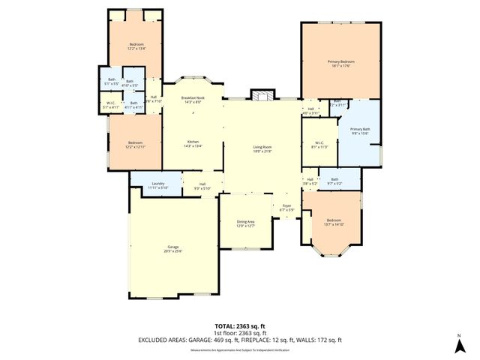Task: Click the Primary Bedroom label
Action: click(x=340, y=61)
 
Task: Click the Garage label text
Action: click(x=172, y=246)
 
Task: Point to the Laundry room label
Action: click(x=157, y=183)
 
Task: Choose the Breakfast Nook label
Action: click(x=193, y=97)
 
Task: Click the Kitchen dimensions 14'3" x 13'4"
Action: click(x=193, y=145)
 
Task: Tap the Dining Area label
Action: click(x=246, y=222)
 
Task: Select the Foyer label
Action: click(x=286, y=205)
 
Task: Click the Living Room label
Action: click(x=262, y=148)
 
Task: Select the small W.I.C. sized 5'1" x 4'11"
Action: click(x=110, y=104)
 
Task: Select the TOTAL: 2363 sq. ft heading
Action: click(x=239, y=325)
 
